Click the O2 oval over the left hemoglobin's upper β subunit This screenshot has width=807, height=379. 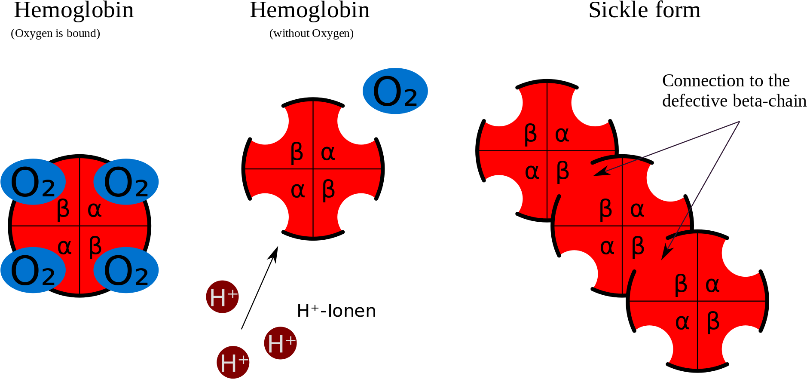33,182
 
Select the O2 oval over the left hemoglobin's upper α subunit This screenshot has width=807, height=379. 126,182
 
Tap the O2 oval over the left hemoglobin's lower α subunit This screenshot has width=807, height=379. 33,270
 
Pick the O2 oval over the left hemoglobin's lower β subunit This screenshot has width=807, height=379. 126,270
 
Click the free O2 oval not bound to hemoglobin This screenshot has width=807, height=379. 395,91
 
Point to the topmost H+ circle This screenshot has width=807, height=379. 222,297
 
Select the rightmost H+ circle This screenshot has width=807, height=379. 280,343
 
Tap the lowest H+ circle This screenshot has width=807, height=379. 233,362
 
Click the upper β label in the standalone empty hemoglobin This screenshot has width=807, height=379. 297,153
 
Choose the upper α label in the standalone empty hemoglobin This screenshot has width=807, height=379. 328,153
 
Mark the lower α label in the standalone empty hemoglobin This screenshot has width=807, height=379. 297,190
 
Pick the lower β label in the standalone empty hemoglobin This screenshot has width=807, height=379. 328,190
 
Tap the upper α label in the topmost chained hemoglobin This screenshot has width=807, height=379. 562,135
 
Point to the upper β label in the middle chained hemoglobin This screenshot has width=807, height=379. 605,210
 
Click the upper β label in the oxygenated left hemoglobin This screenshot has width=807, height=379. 63,210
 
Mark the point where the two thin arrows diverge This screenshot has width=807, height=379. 739,122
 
